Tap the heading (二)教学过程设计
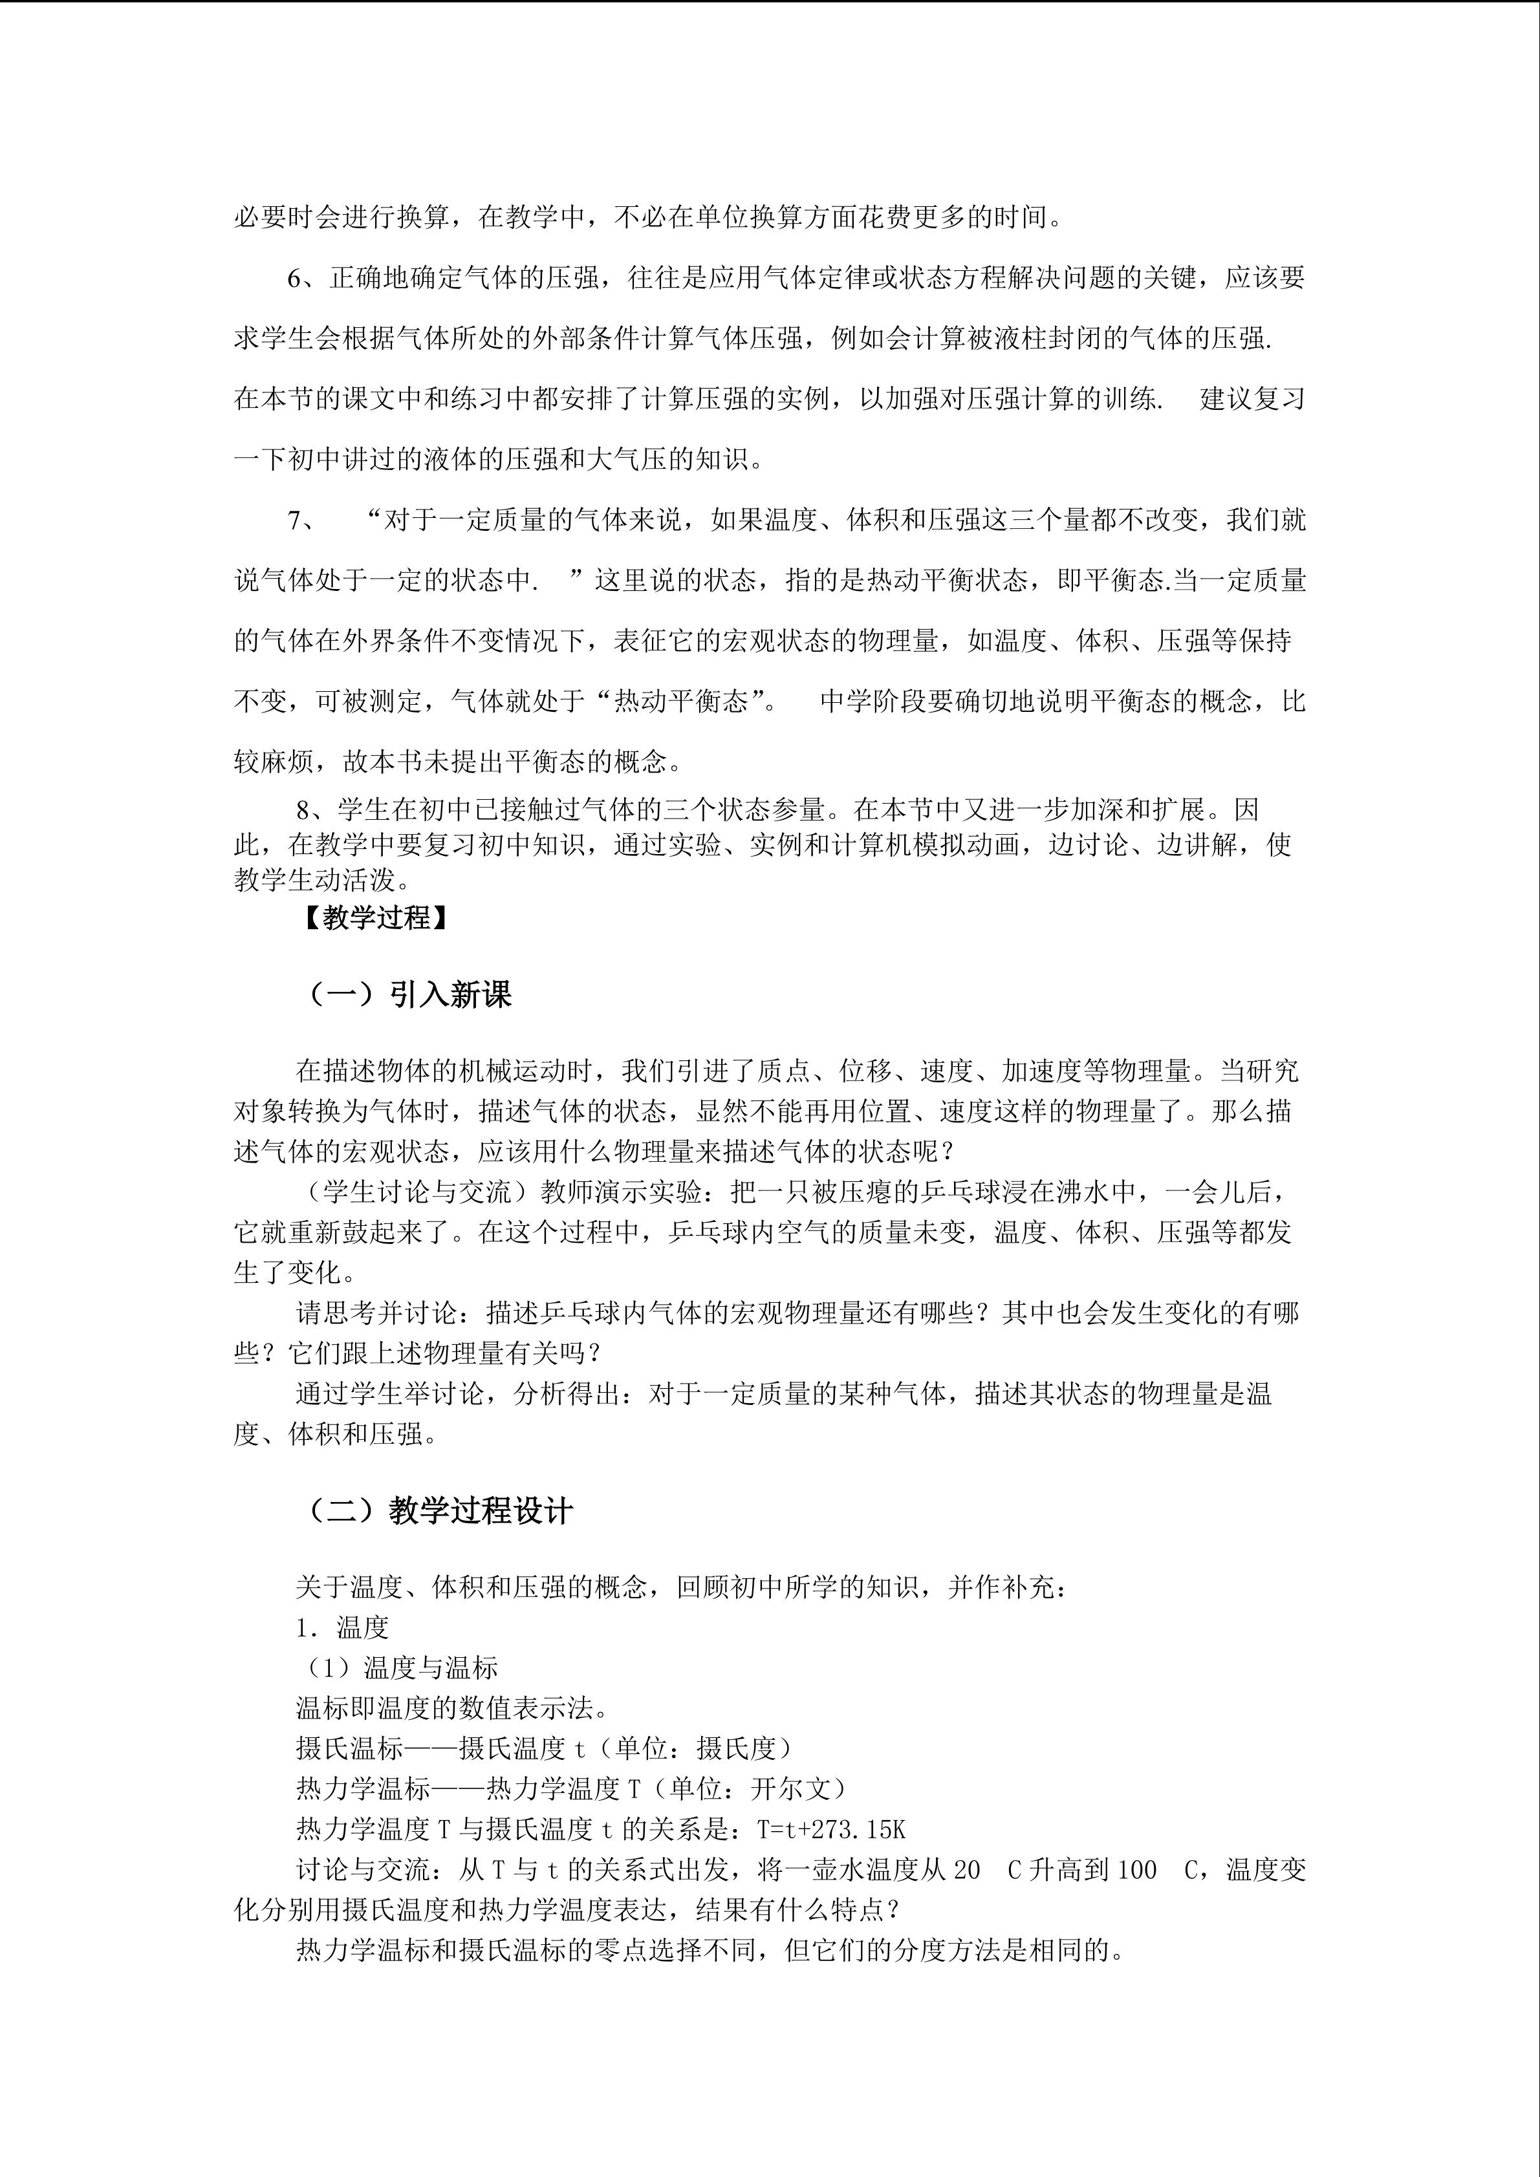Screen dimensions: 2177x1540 point(440,1510)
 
